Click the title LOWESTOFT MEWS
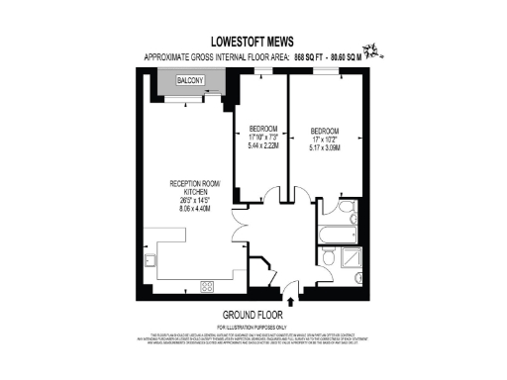click(x=253, y=44)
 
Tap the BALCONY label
click(x=190, y=79)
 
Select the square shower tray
click(x=351, y=259)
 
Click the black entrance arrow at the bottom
click(x=289, y=303)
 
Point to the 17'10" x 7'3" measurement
click(x=261, y=139)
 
